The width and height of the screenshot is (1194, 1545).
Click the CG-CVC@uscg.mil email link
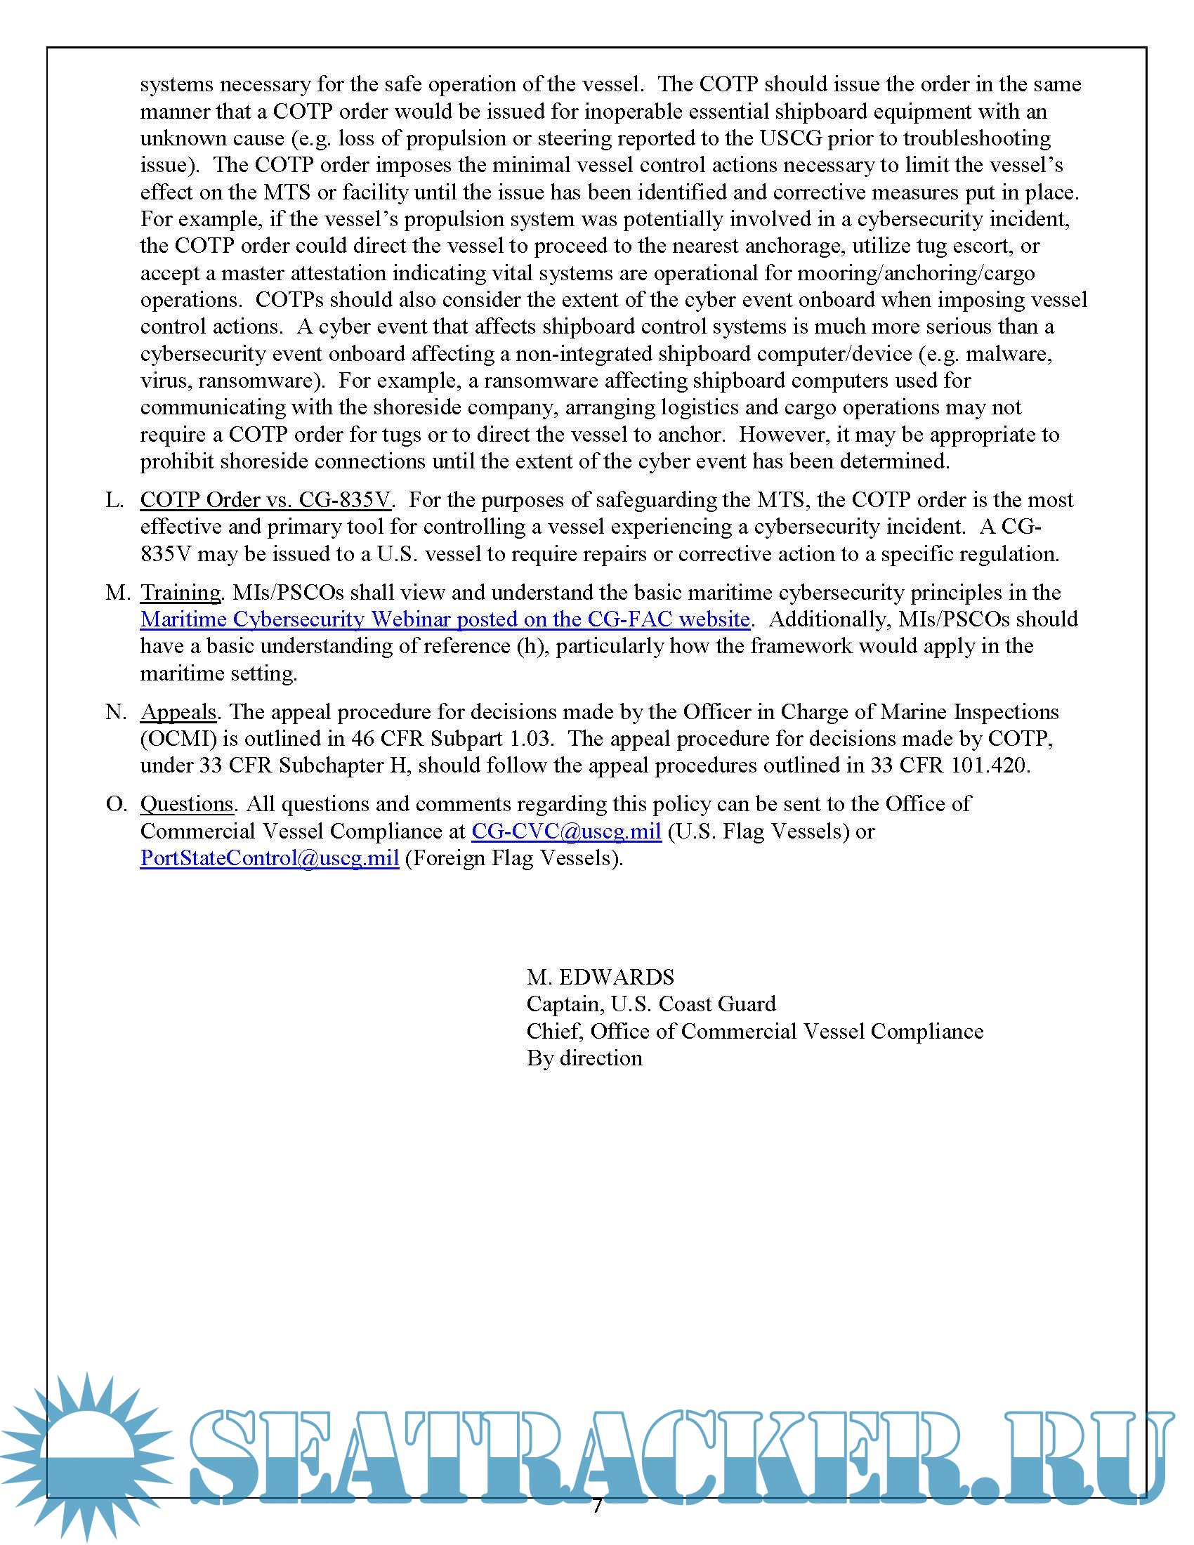click(x=566, y=831)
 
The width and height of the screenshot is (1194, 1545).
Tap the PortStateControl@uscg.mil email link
click(x=270, y=858)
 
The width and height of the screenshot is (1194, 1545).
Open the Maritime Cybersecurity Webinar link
click(x=444, y=619)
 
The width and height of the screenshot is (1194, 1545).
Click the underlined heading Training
click(x=181, y=593)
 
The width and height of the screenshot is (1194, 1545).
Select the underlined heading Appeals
click(x=178, y=711)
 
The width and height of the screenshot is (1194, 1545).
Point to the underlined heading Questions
click(x=187, y=804)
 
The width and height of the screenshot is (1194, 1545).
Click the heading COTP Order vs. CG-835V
click(x=265, y=500)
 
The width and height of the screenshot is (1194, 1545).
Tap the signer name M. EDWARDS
click(x=600, y=977)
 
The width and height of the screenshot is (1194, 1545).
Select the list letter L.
click(x=114, y=500)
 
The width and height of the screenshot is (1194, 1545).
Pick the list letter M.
click(x=117, y=593)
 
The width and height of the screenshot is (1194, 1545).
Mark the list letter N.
click(x=116, y=711)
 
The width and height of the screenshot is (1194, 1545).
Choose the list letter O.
click(x=116, y=804)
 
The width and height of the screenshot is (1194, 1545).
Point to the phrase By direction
click(x=584, y=1058)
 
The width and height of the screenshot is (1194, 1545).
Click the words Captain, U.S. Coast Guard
click(x=651, y=1004)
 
